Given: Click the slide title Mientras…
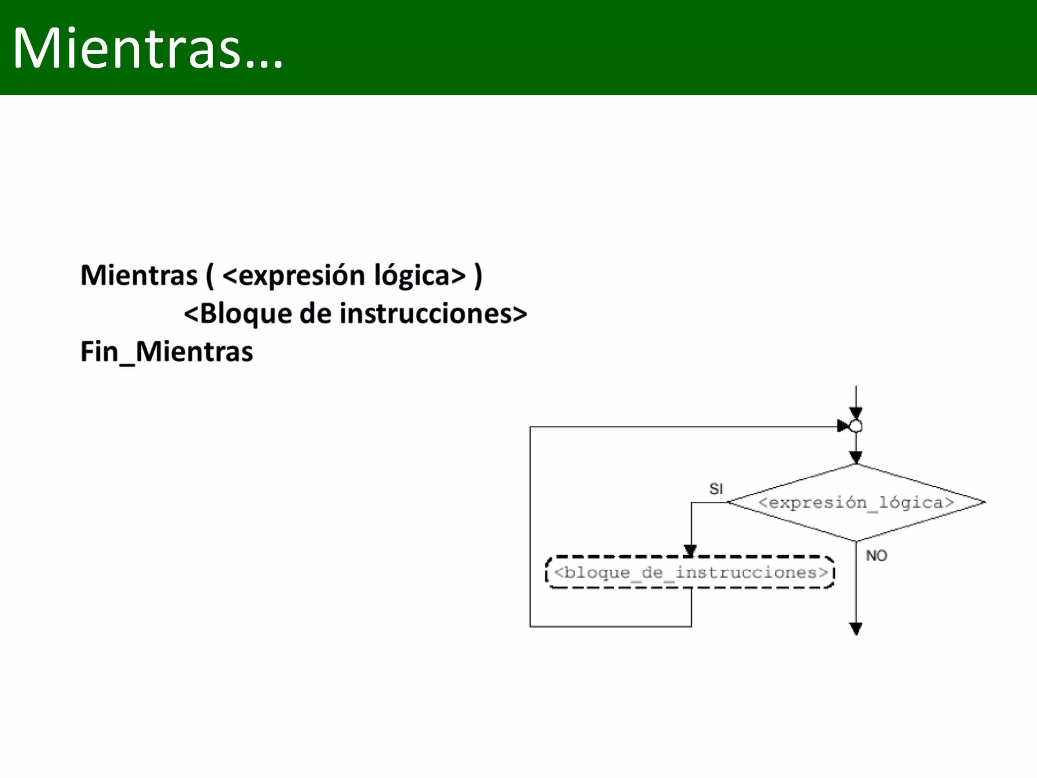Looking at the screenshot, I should click(x=147, y=48).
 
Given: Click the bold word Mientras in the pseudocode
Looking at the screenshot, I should click(x=139, y=276).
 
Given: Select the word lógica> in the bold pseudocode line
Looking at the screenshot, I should click(x=420, y=276).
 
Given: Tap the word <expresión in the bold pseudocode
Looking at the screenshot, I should click(x=294, y=276).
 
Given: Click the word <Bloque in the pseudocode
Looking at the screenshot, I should click(x=237, y=314).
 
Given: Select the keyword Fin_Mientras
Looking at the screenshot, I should click(x=167, y=352).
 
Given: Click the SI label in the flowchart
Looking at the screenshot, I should click(x=716, y=489).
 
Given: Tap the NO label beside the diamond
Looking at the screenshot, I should click(x=876, y=556).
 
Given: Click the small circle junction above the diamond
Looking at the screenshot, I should click(x=856, y=426).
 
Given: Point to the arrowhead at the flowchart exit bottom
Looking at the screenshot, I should click(x=856, y=629).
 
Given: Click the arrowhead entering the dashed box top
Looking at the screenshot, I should click(x=690, y=551).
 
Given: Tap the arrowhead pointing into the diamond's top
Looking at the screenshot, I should click(x=856, y=457).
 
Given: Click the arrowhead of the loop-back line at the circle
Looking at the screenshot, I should click(x=843, y=426).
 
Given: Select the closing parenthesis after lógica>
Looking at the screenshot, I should click(x=478, y=276).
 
